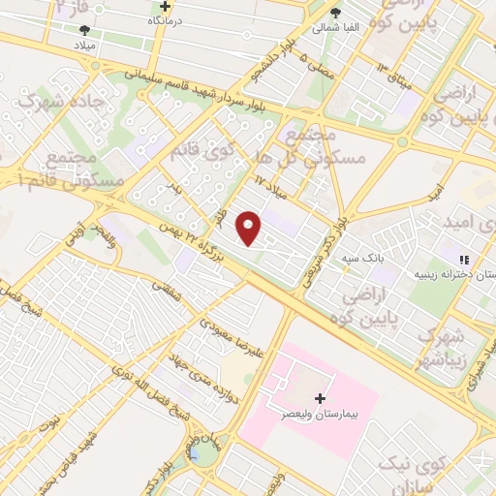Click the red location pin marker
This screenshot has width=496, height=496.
coord(250,228)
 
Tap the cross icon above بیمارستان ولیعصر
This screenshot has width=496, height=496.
coord(321,398)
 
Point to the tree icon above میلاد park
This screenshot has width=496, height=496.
coord(83,29)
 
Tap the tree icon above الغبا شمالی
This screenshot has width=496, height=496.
coord(335,13)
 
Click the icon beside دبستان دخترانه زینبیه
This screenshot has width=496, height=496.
coord(464,260)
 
